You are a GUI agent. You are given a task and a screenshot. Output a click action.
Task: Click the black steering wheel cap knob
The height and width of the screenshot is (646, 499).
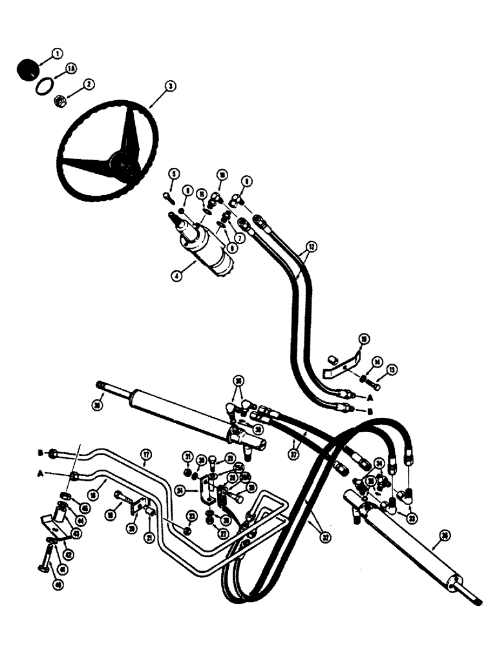pyautogui.click(x=27, y=69)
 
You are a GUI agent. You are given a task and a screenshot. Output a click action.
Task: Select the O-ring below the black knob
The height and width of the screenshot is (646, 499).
pyautogui.click(x=41, y=86)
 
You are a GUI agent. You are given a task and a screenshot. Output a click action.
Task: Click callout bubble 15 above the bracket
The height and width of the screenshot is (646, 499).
pyautogui.click(x=365, y=339)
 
